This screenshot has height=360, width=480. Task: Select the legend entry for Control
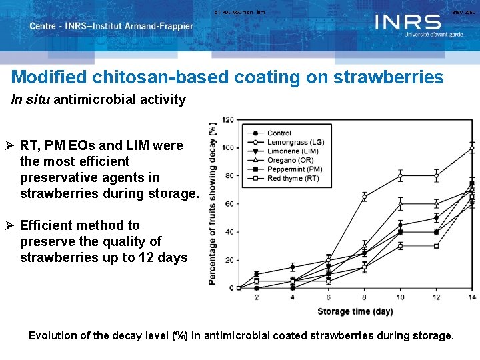(x=279, y=133)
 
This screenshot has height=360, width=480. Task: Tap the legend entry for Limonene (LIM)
(x=292, y=151)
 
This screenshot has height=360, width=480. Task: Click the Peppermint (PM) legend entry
(x=294, y=169)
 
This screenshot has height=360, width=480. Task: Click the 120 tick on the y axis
(x=227, y=120)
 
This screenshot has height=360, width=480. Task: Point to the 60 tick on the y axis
(x=229, y=204)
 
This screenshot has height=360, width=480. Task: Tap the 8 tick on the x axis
(x=365, y=297)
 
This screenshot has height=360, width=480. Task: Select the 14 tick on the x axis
(x=471, y=297)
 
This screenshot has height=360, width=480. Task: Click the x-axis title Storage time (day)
(x=354, y=311)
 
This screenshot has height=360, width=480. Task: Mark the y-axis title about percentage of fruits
(x=213, y=203)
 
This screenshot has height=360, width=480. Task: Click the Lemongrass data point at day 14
(x=471, y=148)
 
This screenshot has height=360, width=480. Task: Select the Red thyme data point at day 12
(x=436, y=246)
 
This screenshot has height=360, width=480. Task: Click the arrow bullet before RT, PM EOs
(x=12, y=145)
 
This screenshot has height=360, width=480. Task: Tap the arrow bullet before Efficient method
(x=12, y=225)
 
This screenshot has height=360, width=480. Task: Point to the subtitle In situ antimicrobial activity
(x=99, y=100)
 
